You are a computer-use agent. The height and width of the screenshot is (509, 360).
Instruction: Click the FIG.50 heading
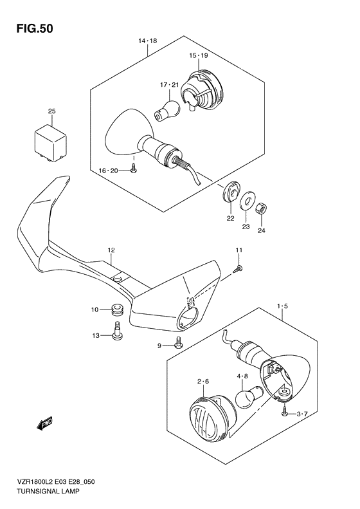35,29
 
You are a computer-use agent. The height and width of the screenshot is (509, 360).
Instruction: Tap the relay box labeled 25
51,143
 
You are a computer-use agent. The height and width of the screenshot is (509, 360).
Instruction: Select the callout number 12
111,250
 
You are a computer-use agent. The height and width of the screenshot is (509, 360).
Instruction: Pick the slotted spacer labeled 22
231,192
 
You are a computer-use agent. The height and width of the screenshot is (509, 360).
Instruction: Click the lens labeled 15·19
202,90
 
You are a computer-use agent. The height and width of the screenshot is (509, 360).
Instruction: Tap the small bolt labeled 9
178,344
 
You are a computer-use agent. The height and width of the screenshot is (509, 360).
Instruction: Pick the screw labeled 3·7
285,412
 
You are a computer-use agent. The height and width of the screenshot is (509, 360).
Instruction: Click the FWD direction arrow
45,423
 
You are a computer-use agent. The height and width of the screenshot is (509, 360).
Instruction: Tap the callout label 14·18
148,41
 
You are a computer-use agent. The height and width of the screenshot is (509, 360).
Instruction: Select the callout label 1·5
282,306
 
